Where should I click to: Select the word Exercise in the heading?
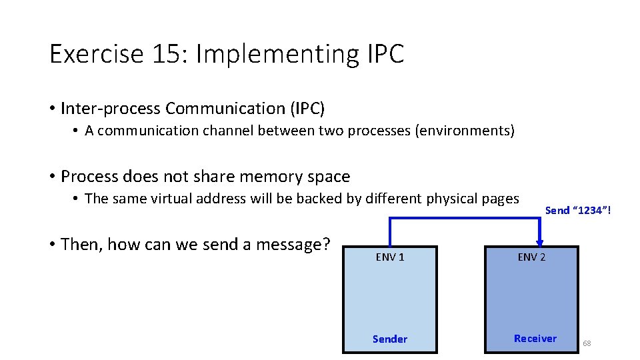point(96,54)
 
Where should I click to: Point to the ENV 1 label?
point(390,257)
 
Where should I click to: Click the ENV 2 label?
point(531,257)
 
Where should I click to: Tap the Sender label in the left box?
point(390,339)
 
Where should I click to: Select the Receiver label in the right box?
point(535,339)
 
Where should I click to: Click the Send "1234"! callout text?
point(578,211)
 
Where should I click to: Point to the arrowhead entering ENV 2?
point(539,242)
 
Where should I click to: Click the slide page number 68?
point(587,343)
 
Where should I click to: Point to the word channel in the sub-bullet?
point(220,131)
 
